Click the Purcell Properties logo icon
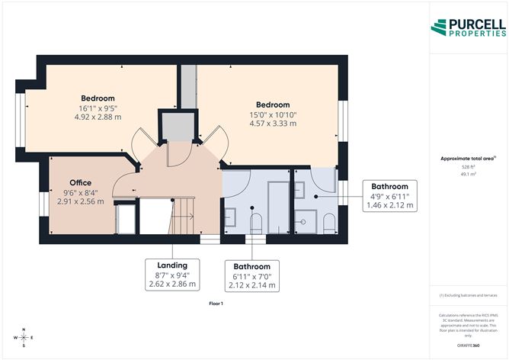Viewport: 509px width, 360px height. coord(440,27)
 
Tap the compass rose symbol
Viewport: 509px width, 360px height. coord(24,336)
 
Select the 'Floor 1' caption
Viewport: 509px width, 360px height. coord(216,304)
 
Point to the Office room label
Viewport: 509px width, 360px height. coord(80,183)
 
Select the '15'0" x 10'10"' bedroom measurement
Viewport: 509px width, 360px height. coord(272,115)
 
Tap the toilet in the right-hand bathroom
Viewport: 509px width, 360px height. coord(328,222)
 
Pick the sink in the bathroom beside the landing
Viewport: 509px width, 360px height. coord(231,219)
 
